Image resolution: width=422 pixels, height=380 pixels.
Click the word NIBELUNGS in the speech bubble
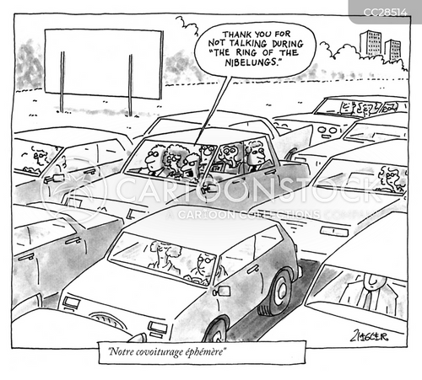coord(252,62)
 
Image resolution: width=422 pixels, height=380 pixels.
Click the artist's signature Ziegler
coord(370,336)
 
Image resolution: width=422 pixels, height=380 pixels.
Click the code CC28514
coord(385,13)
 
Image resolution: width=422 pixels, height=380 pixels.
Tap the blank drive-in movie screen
coord(104,64)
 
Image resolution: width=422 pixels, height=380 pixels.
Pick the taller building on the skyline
coord(370,43)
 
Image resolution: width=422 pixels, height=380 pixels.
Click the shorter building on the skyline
coord(392,50)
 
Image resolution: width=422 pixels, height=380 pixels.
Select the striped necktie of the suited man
coord(368,300)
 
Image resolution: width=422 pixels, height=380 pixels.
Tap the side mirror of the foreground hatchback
coord(221,292)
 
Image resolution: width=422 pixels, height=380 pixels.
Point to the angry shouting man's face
coord(188,167)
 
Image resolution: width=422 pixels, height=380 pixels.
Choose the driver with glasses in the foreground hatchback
coord(202,267)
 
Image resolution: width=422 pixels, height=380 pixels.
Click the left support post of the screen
coord(62,82)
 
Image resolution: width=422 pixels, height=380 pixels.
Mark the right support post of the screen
coord(130,85)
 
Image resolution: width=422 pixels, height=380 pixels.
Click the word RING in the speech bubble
coord(246,53)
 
